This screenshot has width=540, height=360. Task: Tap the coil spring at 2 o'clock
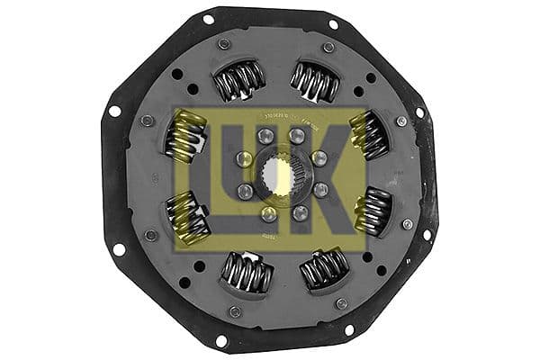[x=370, y=134]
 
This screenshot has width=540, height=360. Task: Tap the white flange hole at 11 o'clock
[x=209, y=19]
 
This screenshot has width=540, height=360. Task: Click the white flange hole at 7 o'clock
[x=220, y=340]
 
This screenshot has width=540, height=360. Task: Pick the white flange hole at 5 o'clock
[x=349, y=330]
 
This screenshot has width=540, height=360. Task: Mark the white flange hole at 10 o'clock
[x=114, y=111]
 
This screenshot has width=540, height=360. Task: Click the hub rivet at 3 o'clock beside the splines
[x=320, y=191]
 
